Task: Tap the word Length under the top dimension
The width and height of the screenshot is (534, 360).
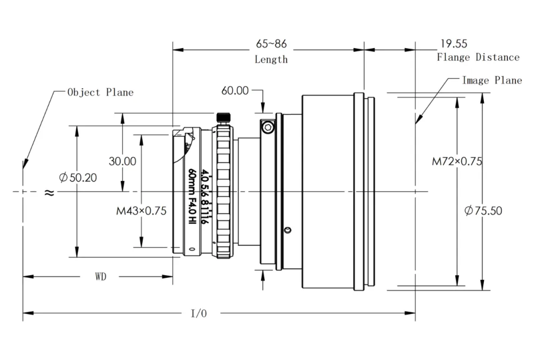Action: (x=271, y=59)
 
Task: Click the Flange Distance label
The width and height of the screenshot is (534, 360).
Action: (x=478, y=57)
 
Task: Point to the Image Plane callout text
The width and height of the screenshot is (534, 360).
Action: (x=492, y=80)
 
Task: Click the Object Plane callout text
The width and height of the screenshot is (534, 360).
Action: (x=100, y=92)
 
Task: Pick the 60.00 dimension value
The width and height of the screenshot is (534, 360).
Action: (x=235, y=91)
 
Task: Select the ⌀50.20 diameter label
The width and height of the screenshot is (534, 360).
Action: (x=78, y=178)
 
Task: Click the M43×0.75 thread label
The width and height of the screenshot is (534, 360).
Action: (x=142, y=211)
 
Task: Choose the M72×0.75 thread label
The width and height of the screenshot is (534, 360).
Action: (x=457, y=161)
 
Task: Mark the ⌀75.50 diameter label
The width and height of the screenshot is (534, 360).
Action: (x=483, y=210)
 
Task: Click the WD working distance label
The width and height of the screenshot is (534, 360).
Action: (x=100, y=277)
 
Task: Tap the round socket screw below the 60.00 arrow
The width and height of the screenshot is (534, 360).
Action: (x=268, y=127)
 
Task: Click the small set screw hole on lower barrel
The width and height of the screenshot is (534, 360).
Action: (x=288, y=230)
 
